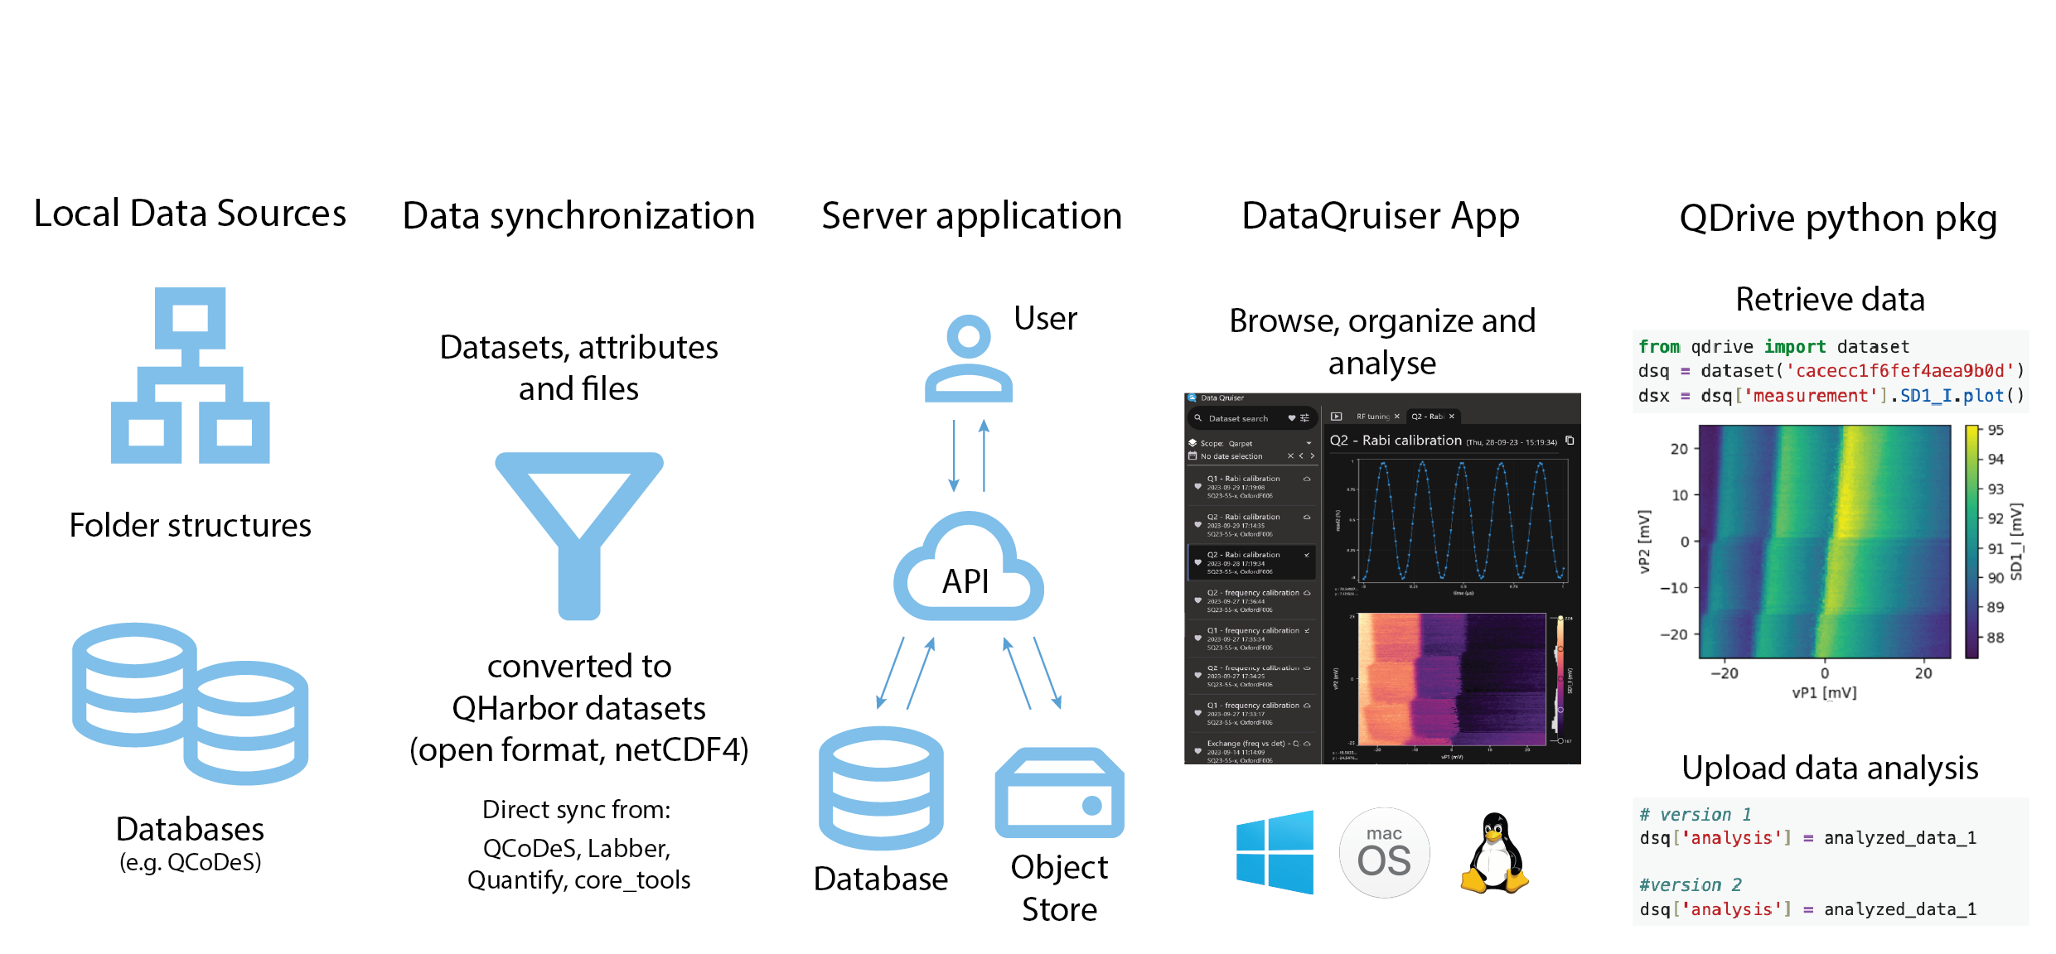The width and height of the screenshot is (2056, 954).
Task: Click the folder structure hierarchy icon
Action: click(190, 375)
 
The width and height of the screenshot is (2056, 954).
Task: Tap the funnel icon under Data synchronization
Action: click(578, 530)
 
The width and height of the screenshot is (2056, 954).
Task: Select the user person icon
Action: click(968, 359)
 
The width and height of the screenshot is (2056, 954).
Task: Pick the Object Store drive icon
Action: click(1059, 793)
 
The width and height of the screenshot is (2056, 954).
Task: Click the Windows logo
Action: click(1275, 852)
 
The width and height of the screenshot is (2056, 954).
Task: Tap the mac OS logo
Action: click(1384, 853)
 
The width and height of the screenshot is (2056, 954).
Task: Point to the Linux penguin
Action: click(1494, 853)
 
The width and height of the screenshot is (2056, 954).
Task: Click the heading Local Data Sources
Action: click(190, 214)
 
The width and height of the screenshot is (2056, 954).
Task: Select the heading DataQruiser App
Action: click(1381, 216)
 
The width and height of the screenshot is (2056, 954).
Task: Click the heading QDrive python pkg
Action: click(1838, 219)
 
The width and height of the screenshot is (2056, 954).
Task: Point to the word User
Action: click(1045, 319)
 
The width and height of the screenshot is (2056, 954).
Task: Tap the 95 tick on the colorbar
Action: click(1996, 431)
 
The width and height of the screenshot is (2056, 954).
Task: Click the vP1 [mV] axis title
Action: click(1824, 693)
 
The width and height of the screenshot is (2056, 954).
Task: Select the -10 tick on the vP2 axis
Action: click(1673, 588)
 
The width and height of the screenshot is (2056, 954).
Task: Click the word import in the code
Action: click(1795, 347)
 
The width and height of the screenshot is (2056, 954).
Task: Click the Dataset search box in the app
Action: click(1238, 418)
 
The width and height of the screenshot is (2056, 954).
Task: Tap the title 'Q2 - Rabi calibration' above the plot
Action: click(1396, 441)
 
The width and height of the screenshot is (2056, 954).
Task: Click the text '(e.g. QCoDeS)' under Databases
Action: click(190, 863)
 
